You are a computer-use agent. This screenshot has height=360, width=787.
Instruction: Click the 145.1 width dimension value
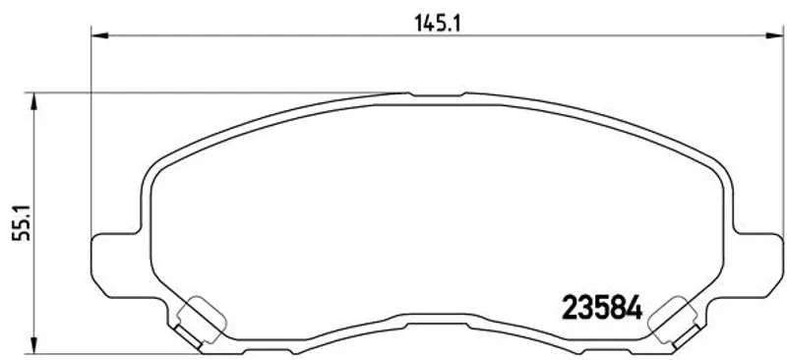coord(437,23)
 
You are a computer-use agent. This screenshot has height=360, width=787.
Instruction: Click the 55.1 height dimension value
coord(22,223)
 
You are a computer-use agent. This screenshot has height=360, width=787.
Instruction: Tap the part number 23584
coord(602,307)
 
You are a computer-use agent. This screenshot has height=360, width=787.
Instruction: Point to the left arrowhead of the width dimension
coord(99,35)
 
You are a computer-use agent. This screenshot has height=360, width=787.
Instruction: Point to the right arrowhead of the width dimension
coord(774,35)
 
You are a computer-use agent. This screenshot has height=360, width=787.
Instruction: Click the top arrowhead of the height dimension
coord(33,101)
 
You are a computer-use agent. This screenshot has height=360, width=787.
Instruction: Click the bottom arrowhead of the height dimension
coord(33,345)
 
